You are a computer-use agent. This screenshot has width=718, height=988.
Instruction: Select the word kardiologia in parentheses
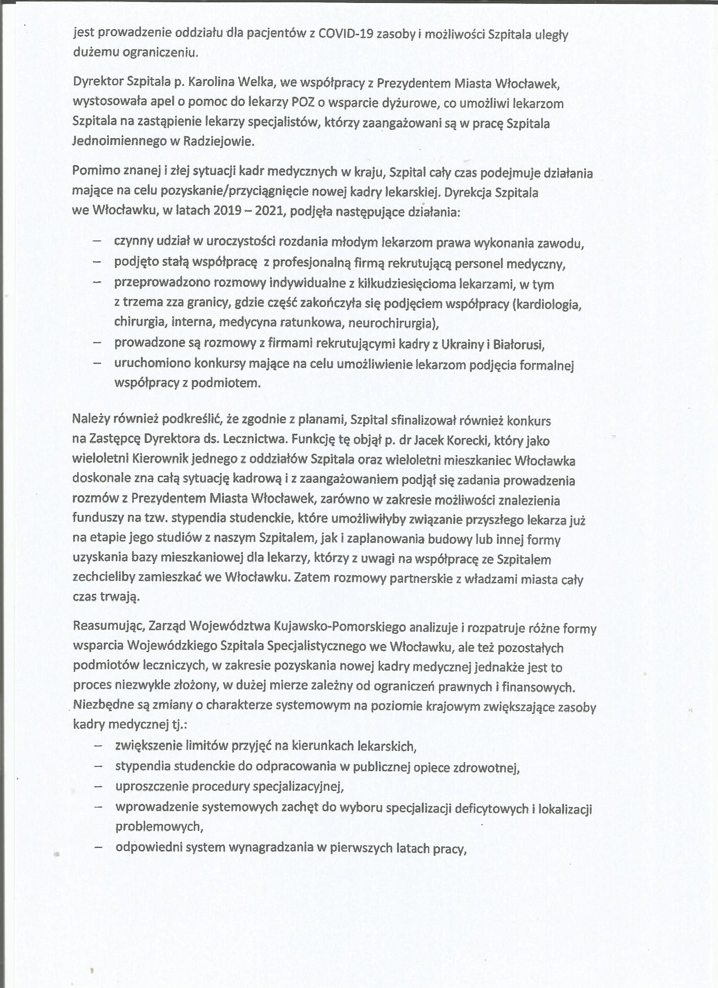point(550,304)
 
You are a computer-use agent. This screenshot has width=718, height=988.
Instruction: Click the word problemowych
point(158,826)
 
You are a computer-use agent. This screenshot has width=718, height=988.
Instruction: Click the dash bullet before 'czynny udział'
point(97,242)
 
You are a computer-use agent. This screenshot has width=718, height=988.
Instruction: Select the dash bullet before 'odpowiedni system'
point(98,848)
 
